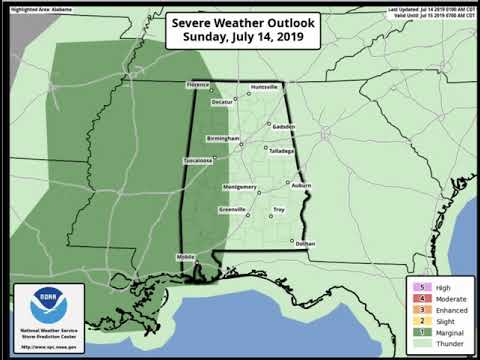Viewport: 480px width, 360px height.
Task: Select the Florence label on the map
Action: tap(197, 85)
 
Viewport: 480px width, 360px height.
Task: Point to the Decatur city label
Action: tap(223, 102)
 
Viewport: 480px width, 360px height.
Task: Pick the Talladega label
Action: tap(281, 151)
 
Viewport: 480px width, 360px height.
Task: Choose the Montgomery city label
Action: tap(241, 186)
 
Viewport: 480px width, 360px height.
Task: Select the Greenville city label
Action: tap(233, 208)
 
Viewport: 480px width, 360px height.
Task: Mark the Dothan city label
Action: tap(305, 244)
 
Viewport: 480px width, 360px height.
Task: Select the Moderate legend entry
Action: tap(441, 298)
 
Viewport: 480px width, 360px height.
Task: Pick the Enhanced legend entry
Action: tap(441, 309)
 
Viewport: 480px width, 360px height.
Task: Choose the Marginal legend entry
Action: tap(441, 331)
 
